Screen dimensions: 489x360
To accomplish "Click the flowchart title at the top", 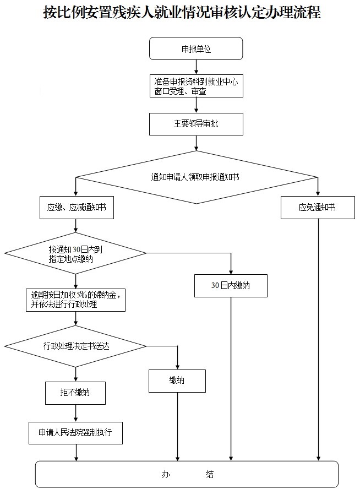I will (182, 13).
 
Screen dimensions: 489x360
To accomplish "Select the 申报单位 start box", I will (196, 48).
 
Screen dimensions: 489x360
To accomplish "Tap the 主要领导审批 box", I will (196, 124).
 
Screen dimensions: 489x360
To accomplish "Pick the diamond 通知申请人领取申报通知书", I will (196, 177).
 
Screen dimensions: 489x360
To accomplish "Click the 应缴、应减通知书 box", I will (77, 208).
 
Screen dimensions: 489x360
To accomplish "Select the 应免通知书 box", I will (318, 208).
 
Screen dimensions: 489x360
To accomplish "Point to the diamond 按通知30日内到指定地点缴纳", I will (75, 253).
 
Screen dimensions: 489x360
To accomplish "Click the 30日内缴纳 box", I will (231, 286).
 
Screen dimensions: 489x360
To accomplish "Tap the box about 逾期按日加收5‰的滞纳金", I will (75, 300).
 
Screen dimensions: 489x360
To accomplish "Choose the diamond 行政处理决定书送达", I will (75, 346).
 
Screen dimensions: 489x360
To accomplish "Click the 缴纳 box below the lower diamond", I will (177, 381).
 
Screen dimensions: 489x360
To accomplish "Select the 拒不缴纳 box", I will (75, 393).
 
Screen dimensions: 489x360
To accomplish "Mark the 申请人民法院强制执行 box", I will (75, 433).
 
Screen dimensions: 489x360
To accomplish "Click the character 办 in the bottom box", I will (165, 474).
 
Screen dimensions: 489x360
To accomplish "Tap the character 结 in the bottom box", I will (210, 474).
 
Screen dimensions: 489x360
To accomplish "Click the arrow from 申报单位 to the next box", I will (196, 67).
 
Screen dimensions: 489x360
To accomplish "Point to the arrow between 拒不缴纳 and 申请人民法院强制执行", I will (75, 413).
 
